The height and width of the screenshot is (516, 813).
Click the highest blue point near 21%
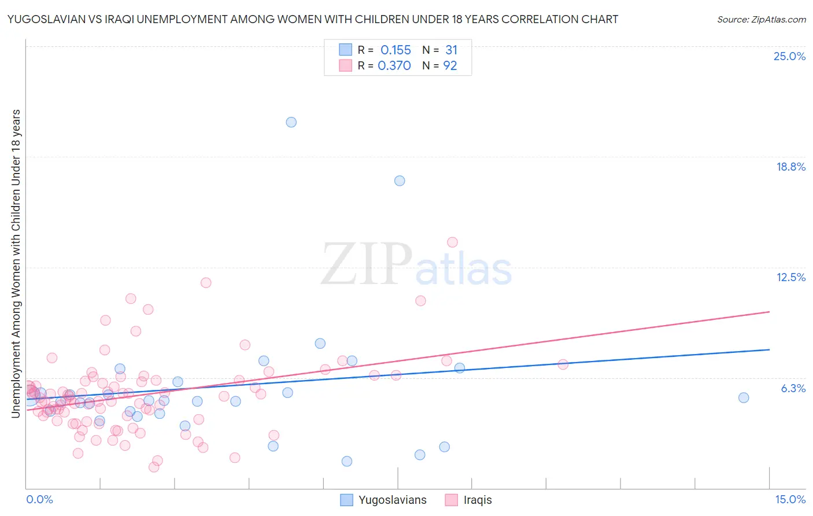pyautogui.click(x=291, y=122)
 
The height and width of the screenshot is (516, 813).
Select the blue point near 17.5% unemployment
pyautogui.click(x=400, y=180)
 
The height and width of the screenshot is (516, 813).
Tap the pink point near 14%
pyautogui.click(x=452, y=242)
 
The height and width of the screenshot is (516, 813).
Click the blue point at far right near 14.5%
pyautogui.click(x=744, y=397)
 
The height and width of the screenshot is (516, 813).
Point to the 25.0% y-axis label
pyautogui.click(x=789, y=56)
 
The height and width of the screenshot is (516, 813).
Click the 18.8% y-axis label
pyautogui.click(x=790, y=167)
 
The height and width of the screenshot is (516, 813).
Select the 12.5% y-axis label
pyautogui.click(x=790, y=277)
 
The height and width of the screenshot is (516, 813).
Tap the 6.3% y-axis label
pyautogui.click(x=793, y=388)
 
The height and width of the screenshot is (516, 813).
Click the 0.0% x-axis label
pyautogui.click(x=39, y=499)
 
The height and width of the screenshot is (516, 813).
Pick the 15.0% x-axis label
pyautogui.click(x=790, y=499)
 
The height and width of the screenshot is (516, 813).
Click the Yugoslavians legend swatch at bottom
pyautogui.click(x=346, y=500)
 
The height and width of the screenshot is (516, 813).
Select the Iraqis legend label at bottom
pyautogui.click(x=477, y=500)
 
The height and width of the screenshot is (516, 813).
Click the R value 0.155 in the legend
pyautogui.click(x=396, y=50)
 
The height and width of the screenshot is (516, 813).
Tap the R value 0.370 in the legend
pyautogui.click(x=394, y=66)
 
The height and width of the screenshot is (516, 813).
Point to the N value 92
pyautogui.click(x=450, y=66)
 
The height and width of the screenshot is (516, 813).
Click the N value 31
pyautogui.click(x=451, y=50)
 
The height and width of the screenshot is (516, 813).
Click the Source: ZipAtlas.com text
pyautogui.click(x=761, y=19)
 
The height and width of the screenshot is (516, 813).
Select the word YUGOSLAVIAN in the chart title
pyautogui.click(x=46, y=19)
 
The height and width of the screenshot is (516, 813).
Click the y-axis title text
pyautogui.click(x=16, y=263)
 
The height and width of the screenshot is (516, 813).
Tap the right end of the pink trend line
pyautogui.click(x=769, y=312)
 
